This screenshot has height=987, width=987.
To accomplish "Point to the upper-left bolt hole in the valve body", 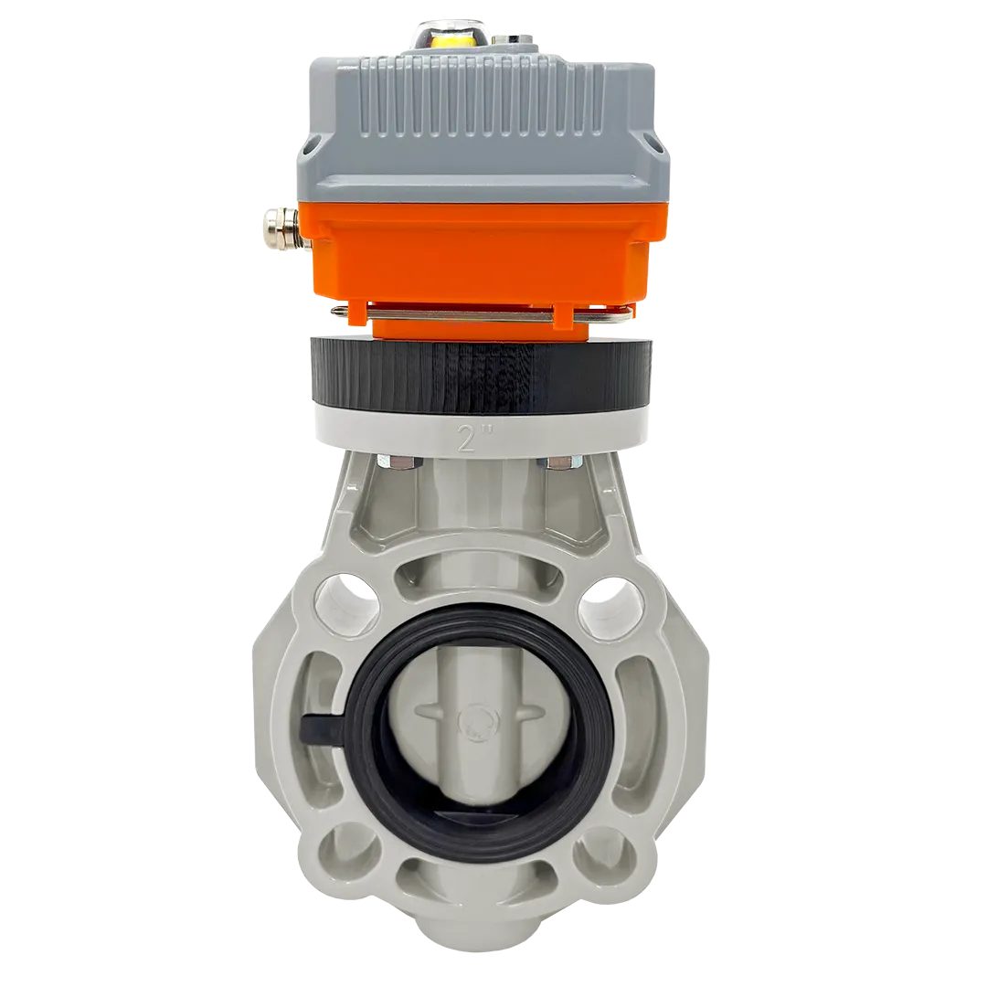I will click(x=346, y=604).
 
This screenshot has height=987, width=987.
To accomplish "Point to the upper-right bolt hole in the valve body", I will click(x=610, y=606).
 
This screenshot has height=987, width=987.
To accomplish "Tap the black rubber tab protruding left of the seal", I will click(x=322, y=728).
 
